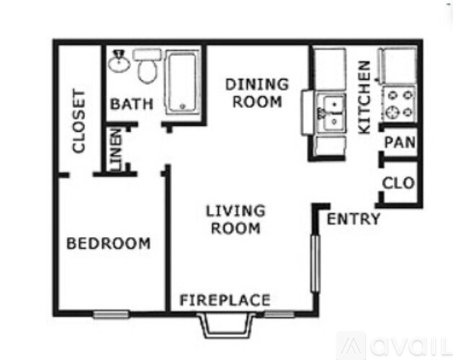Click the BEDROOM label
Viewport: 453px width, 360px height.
click(109, 243)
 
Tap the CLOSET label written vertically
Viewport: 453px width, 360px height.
click(79, 121)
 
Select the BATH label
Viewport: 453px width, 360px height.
click(131, 104)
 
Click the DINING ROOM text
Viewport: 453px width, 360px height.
click(257, 93)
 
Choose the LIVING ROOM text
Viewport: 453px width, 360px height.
click(236, 220)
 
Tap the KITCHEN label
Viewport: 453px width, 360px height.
click(364, 97)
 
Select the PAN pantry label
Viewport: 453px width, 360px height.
click(400, 143)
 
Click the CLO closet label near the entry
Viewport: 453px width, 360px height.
click(398, 183)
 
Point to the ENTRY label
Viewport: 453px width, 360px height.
click(353, 220)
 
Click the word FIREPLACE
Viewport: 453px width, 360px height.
click(225, 300)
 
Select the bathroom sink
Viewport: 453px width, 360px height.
click(119, 63)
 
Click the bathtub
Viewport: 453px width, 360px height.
click(184, 81)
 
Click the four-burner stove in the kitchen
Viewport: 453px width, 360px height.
click(399, 103)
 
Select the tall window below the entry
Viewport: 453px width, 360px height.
click(314, 262)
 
